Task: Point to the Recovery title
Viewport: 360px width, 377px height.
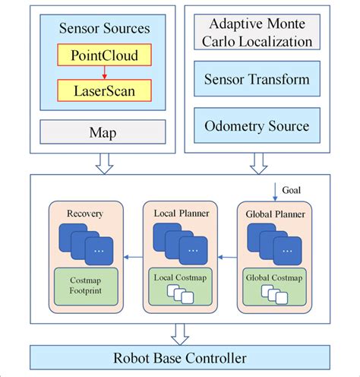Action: (x=84, y=214)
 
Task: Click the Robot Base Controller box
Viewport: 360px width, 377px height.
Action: (x=179, y=356)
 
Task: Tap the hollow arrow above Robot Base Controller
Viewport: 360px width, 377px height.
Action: (x=179, y=332)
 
